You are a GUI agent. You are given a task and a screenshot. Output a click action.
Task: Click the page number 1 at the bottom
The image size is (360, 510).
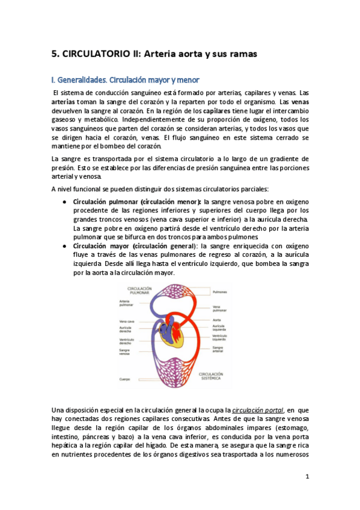pos(307,476)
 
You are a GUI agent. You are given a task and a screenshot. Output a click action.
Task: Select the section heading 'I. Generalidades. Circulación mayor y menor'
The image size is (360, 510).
pos(124,79)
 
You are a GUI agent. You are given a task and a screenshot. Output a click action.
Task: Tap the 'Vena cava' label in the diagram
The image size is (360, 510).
pos(127,321)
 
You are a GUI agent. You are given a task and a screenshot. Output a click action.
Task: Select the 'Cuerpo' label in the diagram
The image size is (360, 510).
pos(124,379)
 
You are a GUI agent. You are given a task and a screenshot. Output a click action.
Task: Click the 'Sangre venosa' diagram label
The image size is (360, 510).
pos(126,352)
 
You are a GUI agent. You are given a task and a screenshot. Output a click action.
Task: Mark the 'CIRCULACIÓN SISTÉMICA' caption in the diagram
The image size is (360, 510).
pos(209,376)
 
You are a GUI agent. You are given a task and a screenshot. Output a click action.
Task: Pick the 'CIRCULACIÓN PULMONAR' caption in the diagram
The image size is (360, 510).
pos(136,290)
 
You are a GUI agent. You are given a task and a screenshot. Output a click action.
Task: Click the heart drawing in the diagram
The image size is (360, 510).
pos(172,335)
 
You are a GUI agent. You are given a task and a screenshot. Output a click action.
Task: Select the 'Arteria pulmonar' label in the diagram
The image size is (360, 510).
pos(126,303)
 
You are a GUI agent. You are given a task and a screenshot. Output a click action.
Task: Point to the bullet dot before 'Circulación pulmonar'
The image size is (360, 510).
pos(64,202)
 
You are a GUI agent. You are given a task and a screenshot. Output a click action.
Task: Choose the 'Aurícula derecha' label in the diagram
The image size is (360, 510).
pos(126,330)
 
